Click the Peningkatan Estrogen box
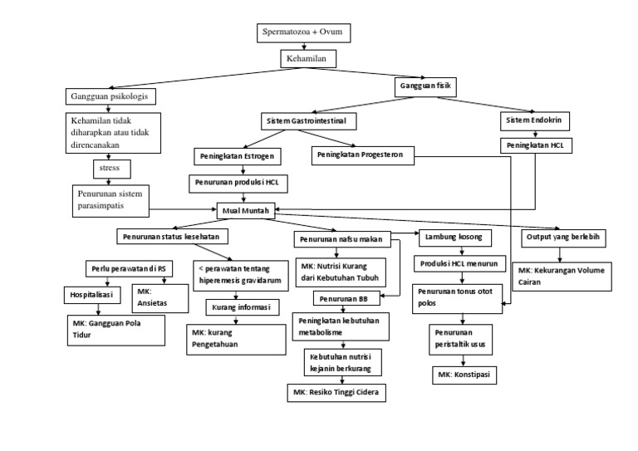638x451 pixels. click(x=236, y=156)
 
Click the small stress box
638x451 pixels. click(x=109, y=168)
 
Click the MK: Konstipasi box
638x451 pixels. click(x=464, y=375)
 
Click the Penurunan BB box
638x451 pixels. click(x=340, y=298)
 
